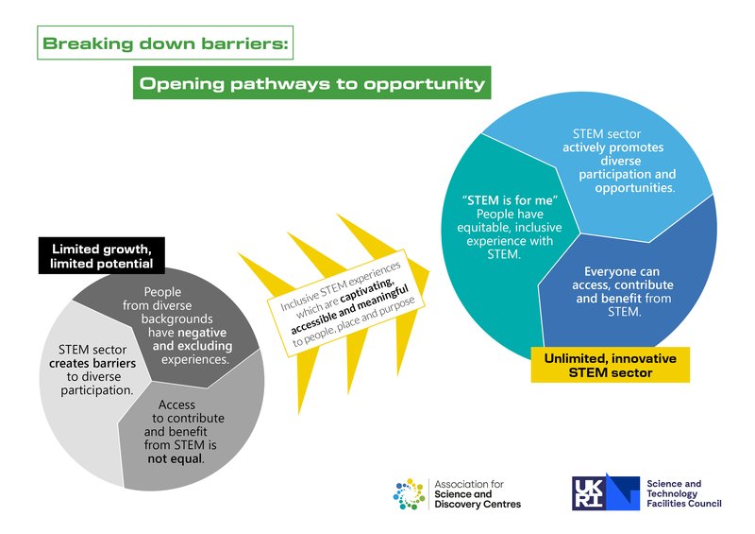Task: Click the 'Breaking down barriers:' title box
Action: (x=166, y=43)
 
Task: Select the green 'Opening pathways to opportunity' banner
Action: (x=311, y=84)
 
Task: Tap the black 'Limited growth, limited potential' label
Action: (x=101, y=255)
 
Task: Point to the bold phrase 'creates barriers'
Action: (x=92, y=363)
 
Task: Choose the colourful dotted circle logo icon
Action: (x=411, y=492)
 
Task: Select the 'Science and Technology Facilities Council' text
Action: (x=684, y=493)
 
